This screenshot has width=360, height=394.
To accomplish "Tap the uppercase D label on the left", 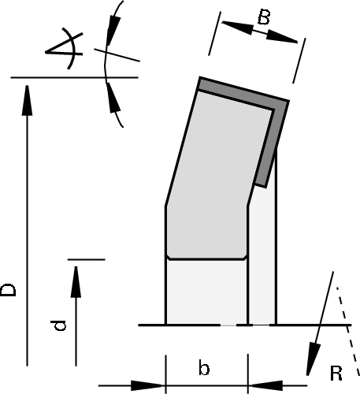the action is (9, 289).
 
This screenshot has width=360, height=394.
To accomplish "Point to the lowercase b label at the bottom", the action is (203, 368).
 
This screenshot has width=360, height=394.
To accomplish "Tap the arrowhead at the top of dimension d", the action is (76, 276).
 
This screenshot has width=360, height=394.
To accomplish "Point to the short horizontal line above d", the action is (87, 258).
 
